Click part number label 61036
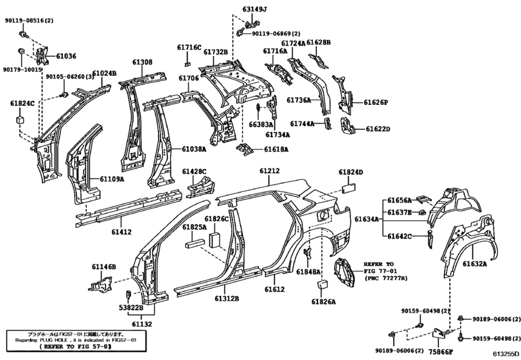pos(66,57)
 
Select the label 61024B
pos(103,73)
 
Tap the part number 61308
pos(143,62)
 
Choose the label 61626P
pos(377,102)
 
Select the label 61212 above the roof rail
pos(270,171)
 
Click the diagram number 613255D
pos(506,354)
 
